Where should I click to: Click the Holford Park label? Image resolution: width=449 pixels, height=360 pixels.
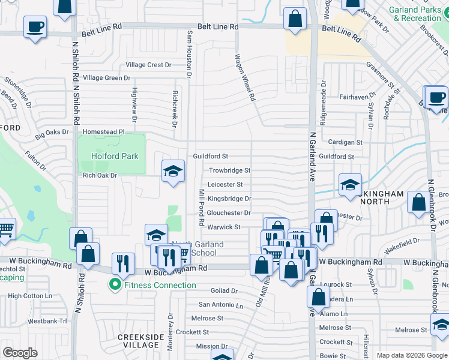[x=115, y=156]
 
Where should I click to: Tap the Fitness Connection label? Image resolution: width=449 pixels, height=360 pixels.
[x=160, y=285]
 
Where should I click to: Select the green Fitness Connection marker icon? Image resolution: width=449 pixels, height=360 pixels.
[x=114, y=285]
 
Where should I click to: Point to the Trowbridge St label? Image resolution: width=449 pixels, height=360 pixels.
[x=229, y=170]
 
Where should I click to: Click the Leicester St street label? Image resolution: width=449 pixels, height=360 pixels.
[x=225, y=185]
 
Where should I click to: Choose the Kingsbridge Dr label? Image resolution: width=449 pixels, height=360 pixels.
[x=229, y=199]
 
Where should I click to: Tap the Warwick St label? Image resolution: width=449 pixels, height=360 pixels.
[x=224, y=227]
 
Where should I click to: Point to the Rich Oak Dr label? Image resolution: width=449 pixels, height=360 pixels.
[x=100, y=175]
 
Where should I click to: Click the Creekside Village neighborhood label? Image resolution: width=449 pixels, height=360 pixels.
[x=141, y=341]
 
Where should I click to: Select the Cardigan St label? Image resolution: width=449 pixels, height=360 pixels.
[x=346, y=142]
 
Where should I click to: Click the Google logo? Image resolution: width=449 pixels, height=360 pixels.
[x=20, y=352]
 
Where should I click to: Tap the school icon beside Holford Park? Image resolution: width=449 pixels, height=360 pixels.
[x=172, y=171]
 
